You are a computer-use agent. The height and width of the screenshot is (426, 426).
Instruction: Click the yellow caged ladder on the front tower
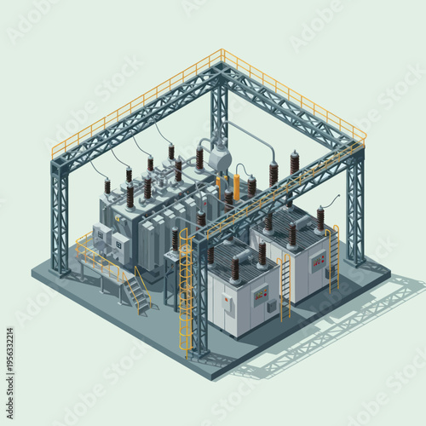point(185,281)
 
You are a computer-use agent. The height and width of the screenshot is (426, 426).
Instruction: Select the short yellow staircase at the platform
point(137,290)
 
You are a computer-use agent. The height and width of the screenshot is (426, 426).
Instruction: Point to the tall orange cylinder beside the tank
point(236,186)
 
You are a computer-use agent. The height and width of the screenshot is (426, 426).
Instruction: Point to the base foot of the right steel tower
point(356,261)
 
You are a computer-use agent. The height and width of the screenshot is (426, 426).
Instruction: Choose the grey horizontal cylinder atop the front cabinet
point(247,251)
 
